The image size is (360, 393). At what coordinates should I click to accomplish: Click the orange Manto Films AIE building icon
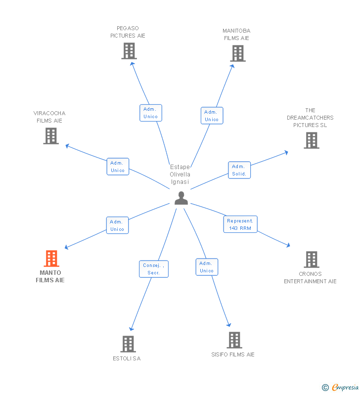click(51, 259)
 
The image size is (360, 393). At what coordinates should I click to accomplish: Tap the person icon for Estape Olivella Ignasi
click(181, 198)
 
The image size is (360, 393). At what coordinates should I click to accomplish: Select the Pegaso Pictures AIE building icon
click(129, 51)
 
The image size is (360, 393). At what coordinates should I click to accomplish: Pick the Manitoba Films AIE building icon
click(238, 53)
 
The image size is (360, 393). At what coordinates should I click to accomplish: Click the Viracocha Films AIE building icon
click(51, 136)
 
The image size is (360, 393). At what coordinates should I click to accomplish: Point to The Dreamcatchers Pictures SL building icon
click(311, 140)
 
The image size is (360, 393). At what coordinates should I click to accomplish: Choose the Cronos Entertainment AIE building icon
click(311, 260)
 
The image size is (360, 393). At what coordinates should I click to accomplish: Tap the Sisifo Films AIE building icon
click(234, 340)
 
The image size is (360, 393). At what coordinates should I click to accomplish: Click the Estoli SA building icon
click(128, 344)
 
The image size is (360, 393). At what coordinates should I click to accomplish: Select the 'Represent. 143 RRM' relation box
click(240, 224)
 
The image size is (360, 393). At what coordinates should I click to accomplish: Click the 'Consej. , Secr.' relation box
click(154, 269)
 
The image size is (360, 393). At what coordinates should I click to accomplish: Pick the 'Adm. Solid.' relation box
click(239, 170)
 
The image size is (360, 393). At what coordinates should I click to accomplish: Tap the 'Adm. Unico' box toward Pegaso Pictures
click(151, 113)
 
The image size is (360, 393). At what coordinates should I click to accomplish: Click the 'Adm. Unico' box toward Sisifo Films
click(207, 267)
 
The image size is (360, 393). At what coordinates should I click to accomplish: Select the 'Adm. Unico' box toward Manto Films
click(118, 225)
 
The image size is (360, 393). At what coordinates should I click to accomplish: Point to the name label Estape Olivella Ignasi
click(180, 175)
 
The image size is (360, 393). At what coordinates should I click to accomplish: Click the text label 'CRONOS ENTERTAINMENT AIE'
click(310, 278)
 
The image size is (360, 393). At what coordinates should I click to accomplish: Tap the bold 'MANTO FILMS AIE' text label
click(50, 276)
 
